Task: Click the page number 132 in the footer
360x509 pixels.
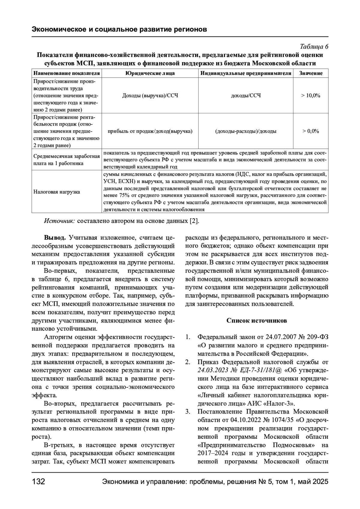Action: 38,482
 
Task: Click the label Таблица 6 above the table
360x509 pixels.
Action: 314,47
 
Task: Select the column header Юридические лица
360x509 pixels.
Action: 150,73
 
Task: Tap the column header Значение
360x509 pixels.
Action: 311,73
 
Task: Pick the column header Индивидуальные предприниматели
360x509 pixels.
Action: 246,73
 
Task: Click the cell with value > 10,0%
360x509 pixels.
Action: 311,96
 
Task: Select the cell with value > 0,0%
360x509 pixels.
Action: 311,131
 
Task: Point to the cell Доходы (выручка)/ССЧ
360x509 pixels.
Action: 150,96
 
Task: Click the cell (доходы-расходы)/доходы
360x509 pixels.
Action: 246,131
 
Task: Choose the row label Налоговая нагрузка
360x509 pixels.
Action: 57,192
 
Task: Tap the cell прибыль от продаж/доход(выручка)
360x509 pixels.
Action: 150,131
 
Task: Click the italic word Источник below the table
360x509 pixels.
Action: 59,221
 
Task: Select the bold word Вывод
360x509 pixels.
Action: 55,238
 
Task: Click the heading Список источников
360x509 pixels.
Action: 256,321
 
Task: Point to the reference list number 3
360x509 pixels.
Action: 188,412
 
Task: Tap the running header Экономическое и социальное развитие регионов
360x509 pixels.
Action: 119,30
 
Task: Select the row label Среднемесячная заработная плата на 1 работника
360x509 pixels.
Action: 67,160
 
